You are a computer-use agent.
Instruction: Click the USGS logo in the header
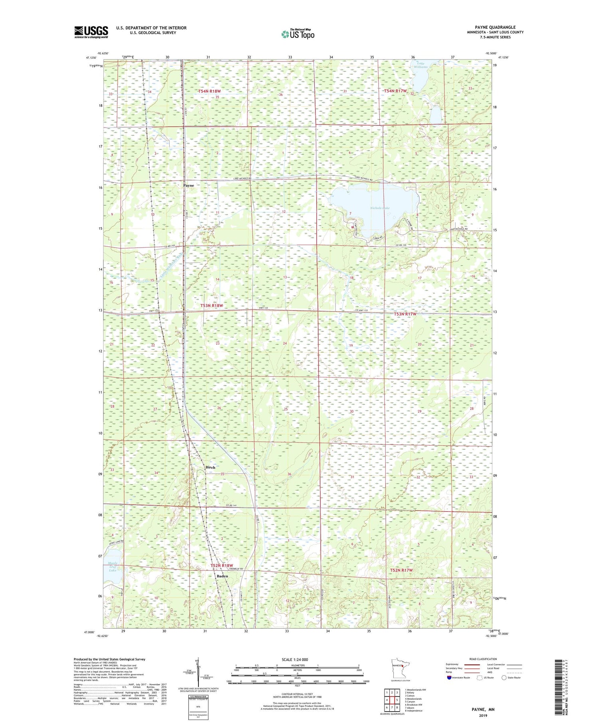[91, 32]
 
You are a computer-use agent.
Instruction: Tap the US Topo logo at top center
[298, 34]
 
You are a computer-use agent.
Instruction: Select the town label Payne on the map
[188, 186]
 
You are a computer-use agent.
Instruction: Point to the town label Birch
[210, 467]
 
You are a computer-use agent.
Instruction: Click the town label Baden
[222, 576]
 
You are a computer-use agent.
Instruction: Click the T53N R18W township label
[211, 305]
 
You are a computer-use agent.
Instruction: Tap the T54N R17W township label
[395, 91]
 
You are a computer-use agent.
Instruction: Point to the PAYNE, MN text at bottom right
[483, 709]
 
